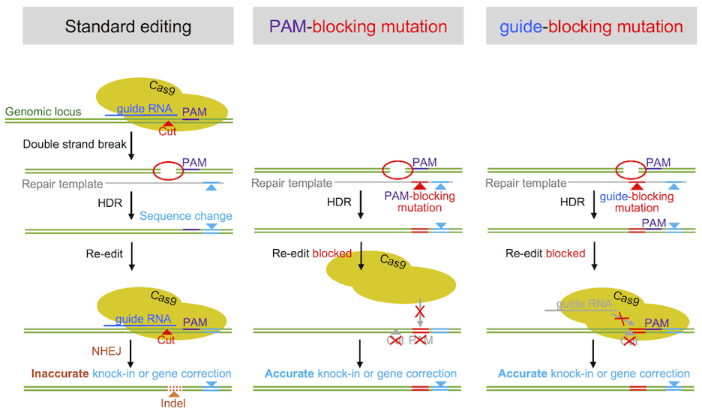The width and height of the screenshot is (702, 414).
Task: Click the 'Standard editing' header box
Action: (x=127, y=27)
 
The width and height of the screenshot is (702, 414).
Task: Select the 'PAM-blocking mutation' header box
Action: (x=358, y=27)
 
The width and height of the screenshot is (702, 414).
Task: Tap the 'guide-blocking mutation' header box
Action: (x=591, y=27)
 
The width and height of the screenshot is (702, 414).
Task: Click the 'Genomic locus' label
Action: (x=44, y=112)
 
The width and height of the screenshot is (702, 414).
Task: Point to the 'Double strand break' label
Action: (x=75, y=144)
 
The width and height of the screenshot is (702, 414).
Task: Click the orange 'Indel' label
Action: (x=172, y=403)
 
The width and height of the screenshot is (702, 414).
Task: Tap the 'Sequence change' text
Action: (x=185, y=216)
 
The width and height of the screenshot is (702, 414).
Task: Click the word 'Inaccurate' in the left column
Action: (x=60, y=373)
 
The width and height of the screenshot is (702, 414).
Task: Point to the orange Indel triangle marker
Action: (x=173, y=393)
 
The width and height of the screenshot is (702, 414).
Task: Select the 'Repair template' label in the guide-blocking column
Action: (x=526, y=183)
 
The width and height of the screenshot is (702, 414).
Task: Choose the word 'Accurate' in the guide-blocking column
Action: (x=523, y=373)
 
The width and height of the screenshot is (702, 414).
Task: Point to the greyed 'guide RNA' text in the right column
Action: (x=581, y=304)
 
